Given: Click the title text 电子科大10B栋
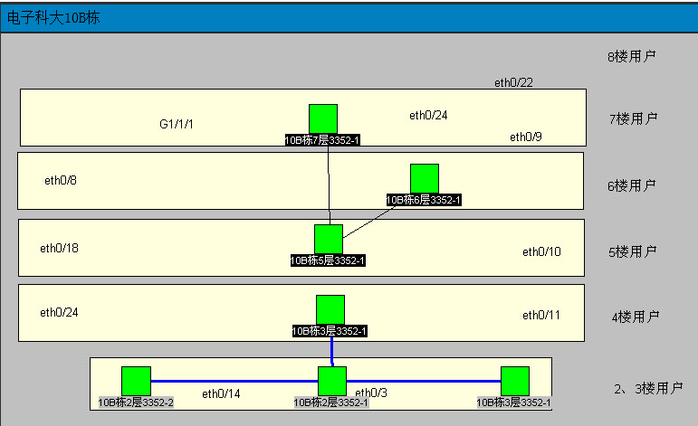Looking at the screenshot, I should pos(53,19).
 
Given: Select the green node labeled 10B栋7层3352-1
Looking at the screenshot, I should pos(323,118).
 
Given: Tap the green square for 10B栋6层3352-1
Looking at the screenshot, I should pos(424,178).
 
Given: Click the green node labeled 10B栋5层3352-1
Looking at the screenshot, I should pos(329,239).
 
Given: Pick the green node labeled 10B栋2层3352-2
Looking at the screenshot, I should pos(136,381).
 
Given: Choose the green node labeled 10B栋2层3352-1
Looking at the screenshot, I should pos(332,381).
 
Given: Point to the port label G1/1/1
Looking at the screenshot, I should pos(177,124).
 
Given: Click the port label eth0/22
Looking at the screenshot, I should pos(513,83).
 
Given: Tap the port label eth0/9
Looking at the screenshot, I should pos(526,137).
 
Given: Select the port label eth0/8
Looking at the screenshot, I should pos(61,180).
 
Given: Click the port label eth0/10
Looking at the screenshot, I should pos(541,251).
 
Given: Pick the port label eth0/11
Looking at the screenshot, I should pos(541,316).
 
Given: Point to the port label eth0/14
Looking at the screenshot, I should pos(221,393).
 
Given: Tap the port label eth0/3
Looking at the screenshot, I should pos(371,393).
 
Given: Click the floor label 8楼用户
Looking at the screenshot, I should pos(631,56).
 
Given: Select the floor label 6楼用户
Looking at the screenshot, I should pos(631,186).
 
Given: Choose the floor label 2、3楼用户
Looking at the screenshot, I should pos(647,389).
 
